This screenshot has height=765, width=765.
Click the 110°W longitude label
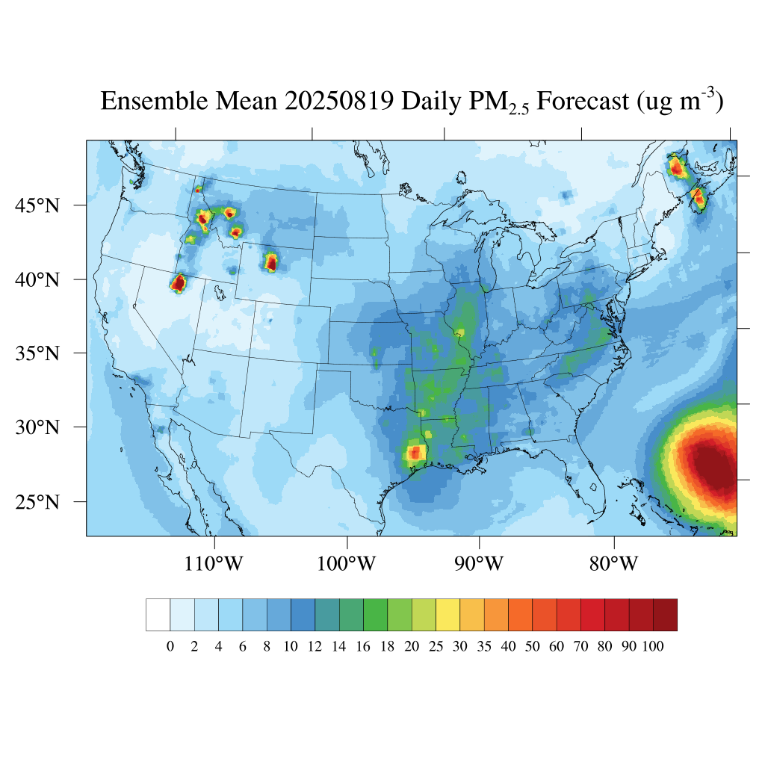pyautogui.click(x=215, y=563)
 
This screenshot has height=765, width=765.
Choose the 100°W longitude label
pyautogui.click(x=347, y=563)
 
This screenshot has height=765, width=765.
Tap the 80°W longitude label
pyautogui.click(x=614, y=563)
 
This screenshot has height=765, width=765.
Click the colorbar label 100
pyautogui.click(x=653, y=647)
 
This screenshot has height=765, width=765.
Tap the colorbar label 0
pyautogui.click(x=170, y=647)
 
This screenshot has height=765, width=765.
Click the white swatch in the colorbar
pyautogui.click(x=158, y=615)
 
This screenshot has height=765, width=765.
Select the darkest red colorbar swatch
pyautogui.click(x=665, y=615)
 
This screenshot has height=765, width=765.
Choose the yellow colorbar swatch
pyautogui.click(x=447, y=615)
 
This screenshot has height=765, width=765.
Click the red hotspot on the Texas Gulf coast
pyautogui.click(x=415, y=453)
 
